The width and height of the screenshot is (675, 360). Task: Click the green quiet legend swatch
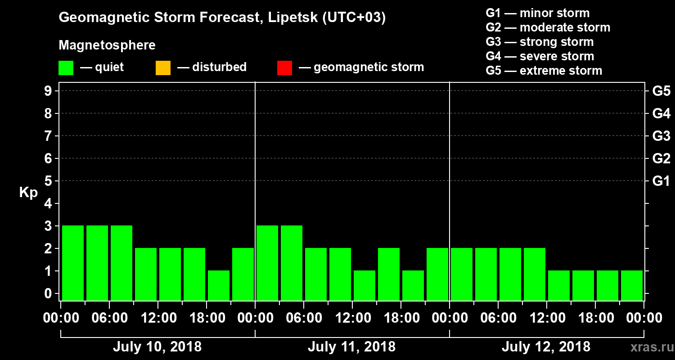point(66,68)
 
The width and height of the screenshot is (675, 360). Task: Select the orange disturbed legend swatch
point(163,68)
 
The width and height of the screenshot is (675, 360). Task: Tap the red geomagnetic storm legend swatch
point(284,68)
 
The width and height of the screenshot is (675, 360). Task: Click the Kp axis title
point(28,193)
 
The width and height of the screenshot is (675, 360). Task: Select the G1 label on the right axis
point(661,181)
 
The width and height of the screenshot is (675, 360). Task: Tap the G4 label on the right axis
point(661,114)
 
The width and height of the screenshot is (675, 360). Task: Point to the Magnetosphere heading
point(107,45)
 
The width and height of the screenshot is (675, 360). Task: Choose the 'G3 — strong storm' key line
point(540,42)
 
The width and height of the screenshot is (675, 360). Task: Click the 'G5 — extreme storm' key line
point(544,71)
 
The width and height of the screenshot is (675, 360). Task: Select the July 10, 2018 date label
point(157,347)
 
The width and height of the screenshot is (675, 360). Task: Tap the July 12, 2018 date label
point(546,347)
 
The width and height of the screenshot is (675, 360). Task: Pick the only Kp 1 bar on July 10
point(219,285)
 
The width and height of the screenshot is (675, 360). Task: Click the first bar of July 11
point(267,263)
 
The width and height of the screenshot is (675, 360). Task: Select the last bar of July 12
point(632,285)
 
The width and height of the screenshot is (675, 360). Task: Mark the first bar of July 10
point(73,263)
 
